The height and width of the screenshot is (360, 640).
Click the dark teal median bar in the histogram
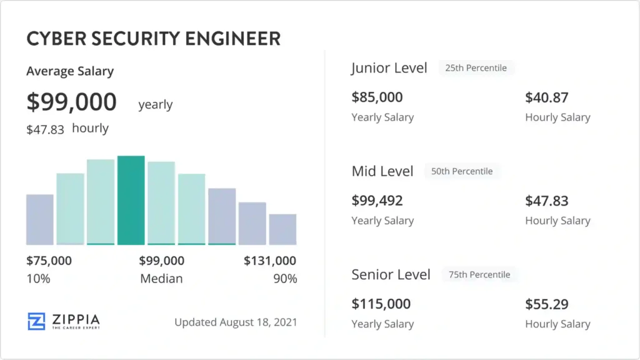[131, 200]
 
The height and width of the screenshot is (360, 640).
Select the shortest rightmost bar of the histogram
[282, 229]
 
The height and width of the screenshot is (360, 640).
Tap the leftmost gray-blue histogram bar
[40, 219]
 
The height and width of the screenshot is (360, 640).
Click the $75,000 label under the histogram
[49, 261]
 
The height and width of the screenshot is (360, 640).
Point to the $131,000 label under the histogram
[270, 261]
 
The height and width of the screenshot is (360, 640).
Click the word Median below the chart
[161, 279]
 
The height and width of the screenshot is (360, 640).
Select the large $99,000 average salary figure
[71, 102]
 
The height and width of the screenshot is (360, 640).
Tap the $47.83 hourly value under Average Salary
[45, 129]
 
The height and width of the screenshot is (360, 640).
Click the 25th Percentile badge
[476, 67]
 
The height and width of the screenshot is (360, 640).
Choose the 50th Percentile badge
[462, 171]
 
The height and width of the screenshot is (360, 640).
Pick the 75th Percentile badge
[479, 274]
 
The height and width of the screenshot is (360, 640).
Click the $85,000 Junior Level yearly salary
[377, 97]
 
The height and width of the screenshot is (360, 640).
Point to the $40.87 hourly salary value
[547, 97]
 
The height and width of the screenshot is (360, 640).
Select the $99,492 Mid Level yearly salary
[377, 201]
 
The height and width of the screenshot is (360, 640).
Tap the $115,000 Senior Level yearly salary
[381, 304]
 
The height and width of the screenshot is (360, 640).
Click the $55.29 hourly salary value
[547, 304]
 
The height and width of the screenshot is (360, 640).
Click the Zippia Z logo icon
[36, 321]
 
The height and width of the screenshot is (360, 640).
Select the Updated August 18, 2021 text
[236, 322]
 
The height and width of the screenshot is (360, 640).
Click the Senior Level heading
[391, 274]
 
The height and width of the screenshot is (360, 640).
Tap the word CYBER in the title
[52, 39]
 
